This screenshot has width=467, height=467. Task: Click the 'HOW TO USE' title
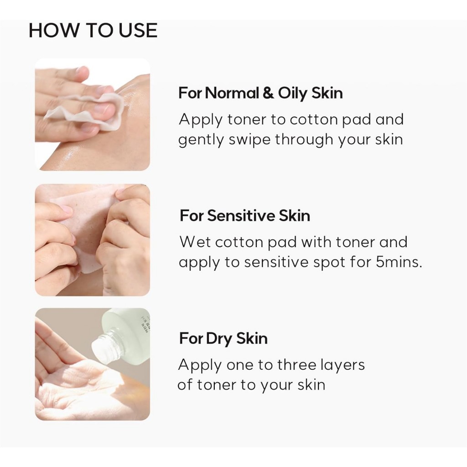click(93, 31)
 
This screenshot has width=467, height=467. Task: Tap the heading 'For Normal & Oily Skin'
click(260, 93)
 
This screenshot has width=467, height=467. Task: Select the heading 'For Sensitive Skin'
click(245, 216)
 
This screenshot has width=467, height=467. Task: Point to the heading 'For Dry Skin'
click(223, 339)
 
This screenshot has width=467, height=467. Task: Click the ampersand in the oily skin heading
click(268, 93)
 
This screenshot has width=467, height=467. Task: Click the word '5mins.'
click(399, 262)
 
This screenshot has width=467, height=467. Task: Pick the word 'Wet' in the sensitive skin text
click(195, 242)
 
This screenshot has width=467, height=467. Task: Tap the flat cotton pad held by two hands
click(86, 226)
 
